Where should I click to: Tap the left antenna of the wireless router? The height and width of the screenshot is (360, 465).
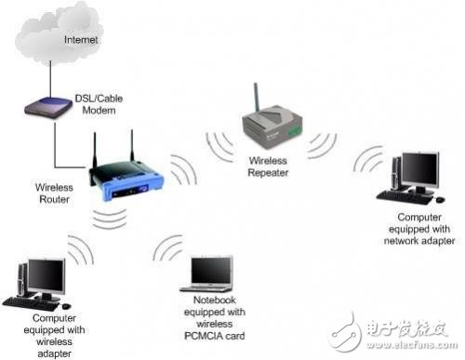pos(95,149)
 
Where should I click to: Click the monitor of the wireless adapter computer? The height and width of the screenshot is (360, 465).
pos(45,277)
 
